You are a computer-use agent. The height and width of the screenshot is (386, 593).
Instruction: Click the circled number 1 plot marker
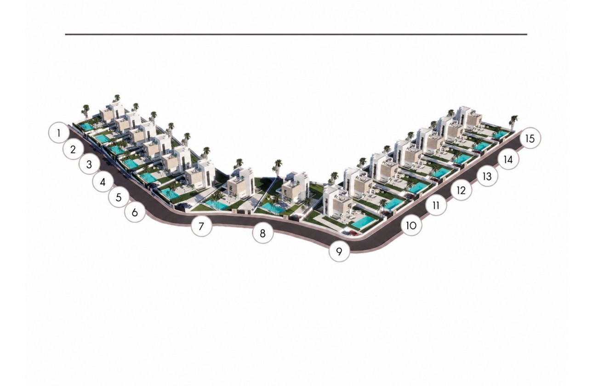(x=59, y=132)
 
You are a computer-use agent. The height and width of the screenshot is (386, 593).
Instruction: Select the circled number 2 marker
(x=74, y=149)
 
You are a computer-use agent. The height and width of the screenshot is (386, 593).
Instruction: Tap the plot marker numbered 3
(x=89, y=165)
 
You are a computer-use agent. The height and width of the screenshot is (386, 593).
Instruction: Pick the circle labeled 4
(x=103, y=182)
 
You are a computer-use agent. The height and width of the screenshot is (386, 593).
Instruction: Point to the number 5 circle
(x=119, y=197)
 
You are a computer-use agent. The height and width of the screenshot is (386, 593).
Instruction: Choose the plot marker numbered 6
(x=135, y=212)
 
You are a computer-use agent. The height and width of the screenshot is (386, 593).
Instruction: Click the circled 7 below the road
(x=201, y=226)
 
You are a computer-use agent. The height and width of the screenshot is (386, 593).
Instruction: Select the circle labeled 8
(x=263, y=233)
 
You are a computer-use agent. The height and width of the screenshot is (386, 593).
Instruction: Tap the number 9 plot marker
(x=339, y=251)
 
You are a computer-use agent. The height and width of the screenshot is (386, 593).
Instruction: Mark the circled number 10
(x=412, y=226)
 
